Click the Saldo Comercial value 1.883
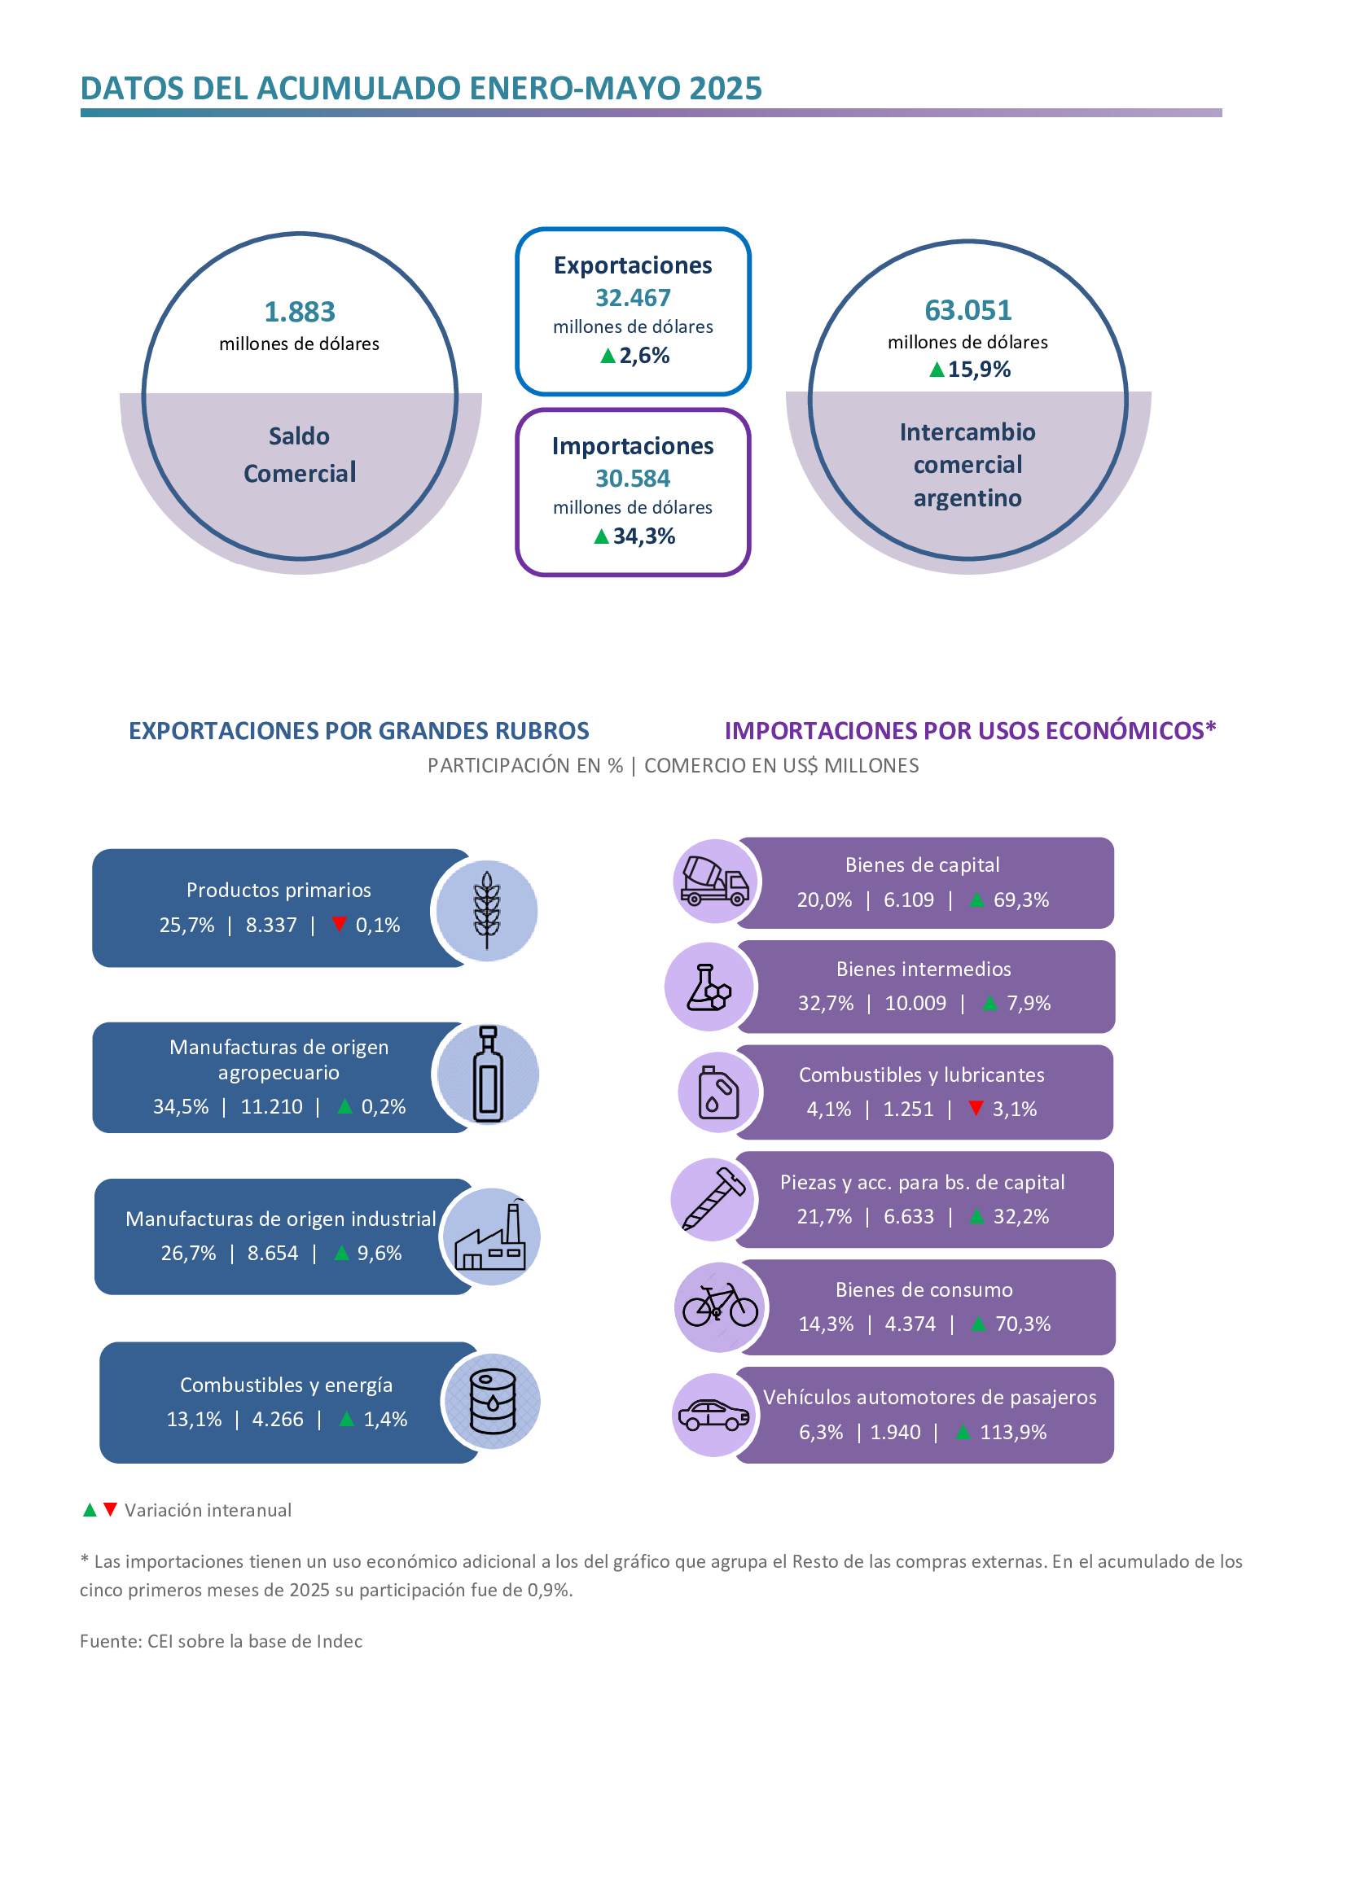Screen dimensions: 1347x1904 pyautogui.click(x=300, y=312)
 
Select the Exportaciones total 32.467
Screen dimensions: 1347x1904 pyautogui.click(x=633, y=298)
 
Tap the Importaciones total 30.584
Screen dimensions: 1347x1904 pyautogui.click(x=633, y=479)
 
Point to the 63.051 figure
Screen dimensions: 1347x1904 pyautogui.click(x=968, y=310)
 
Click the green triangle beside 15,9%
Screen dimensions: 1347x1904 pyautogui.click(x=937, y=370)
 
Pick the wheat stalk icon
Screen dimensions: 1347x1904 pyautogui.click(x=487, y=911)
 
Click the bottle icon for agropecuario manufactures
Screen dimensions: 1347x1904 pyautogui.click(x=488, y=1074)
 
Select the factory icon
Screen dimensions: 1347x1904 pyautogui.click(x=490, y=1236)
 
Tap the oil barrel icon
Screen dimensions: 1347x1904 pyautogui.click(x=493, y=1402)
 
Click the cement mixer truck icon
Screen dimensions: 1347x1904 pyautogui.click(x=714, y=881)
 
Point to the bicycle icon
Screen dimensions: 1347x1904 pyautogui.click(x=720, y=1306)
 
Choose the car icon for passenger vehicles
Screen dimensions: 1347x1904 pyautogui.click(x=713, y=1415)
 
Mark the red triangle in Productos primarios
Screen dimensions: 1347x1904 pyautogui.click(x=339, y=924)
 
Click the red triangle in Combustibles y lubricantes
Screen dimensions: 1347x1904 pyautogui.click(x=976, y=1108)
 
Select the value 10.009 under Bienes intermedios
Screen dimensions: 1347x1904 pyautogui.click(x=915, y=1004)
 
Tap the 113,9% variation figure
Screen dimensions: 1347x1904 pyautogui.click(x=1014, y=1432)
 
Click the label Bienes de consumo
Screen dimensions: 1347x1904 pyautogui.click(x=924, y=1289)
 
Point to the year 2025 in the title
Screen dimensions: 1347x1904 pyautogui.click(x=725, y=88)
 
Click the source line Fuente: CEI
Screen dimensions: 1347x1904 pyautogui.click(x=221, y=1641)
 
